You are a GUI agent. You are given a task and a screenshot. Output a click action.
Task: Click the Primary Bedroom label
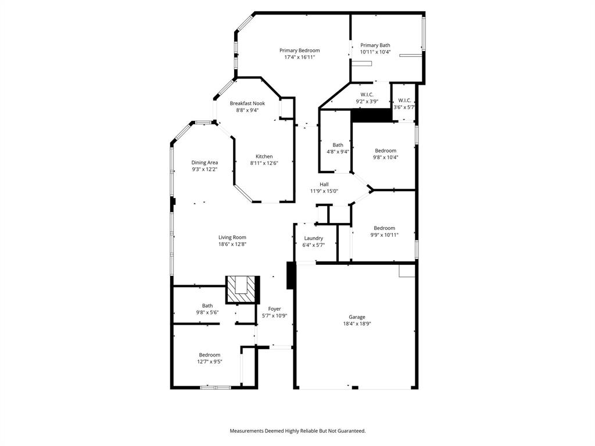pyautogui.click(x=299, y=51)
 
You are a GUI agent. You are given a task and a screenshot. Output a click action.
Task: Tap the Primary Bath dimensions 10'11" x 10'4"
pyautogui.click(x=375, y=52)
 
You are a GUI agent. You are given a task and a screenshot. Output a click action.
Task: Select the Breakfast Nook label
pyautogui.click(x=247, y=103)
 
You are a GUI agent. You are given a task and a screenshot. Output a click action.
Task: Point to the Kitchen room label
pyautogui.click(x=264, y=156)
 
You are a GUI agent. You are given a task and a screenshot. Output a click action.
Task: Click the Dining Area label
pyautogui.click(x=205, y=163)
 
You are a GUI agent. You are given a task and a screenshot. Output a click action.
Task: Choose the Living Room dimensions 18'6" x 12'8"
pyautogui.click(x=232, y=244)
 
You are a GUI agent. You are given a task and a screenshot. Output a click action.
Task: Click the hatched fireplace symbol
pyautogui.click(x=241, y=289)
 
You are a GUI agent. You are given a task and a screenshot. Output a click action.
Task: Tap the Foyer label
pyautogui.click(x=274, y=309)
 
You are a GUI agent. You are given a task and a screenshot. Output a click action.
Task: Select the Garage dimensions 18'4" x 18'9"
pyautogui.click(x=357, y=324)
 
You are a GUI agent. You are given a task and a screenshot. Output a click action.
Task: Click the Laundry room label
pyautogui.click(x=313, y=238)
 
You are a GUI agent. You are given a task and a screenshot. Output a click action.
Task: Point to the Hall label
pyautogui.click(x=324, y=184)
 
